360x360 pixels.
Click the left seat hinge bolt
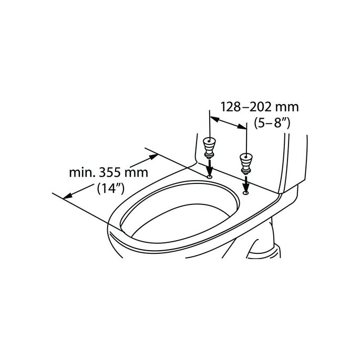(209, 147)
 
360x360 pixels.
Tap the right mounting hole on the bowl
(245, 192)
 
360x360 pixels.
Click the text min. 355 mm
(108, 172)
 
